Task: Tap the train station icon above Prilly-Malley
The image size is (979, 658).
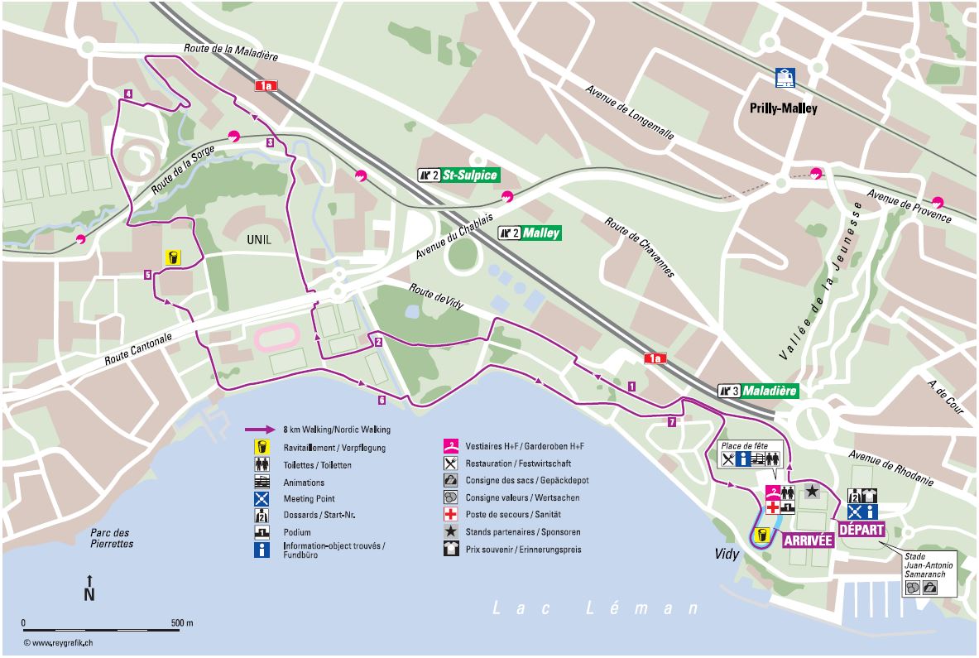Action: (x=785, y=79)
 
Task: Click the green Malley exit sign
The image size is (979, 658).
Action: (x=530, y=233)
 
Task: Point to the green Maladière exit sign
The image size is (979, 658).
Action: (x=758, y=390)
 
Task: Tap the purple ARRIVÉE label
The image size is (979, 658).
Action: (x=807, y=540)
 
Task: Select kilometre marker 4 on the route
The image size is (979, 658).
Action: (x=128, y=94)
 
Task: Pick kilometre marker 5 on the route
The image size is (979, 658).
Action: (x=146, y=275)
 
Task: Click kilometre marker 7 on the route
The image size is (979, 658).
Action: (x=671, y=422)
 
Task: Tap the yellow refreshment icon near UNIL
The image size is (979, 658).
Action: (x=173, y=257)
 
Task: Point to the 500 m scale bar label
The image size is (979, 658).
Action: (x=181, y=622)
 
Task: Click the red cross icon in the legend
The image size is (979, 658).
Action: (x=449, y=515)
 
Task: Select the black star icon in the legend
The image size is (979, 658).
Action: (x=449, y=532)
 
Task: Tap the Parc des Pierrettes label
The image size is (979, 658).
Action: (x=111, y=538)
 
